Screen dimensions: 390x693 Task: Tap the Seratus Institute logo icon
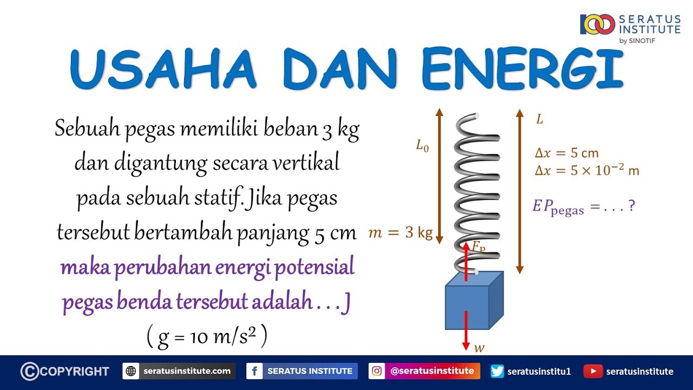tap(597, 24)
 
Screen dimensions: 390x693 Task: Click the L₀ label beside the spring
tap(422, 145)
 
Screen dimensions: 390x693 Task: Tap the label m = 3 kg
tap(400, 233)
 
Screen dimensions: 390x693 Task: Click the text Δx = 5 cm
tap(566, 153)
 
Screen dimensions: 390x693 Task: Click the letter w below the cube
tap(479, 348)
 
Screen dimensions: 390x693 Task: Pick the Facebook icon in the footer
tap(254, 371)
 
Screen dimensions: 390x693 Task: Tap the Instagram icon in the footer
tap(377, 371)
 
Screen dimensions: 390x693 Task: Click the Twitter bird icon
tap(497, 371)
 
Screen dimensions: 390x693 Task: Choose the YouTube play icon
tap(593, 371)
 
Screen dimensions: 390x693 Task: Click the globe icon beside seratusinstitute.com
tap(131, 371)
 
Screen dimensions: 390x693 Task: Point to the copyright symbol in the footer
tap(30, 371)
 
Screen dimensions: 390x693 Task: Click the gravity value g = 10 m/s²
tap(207, 337)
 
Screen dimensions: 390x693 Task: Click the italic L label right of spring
tap(539, 120)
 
